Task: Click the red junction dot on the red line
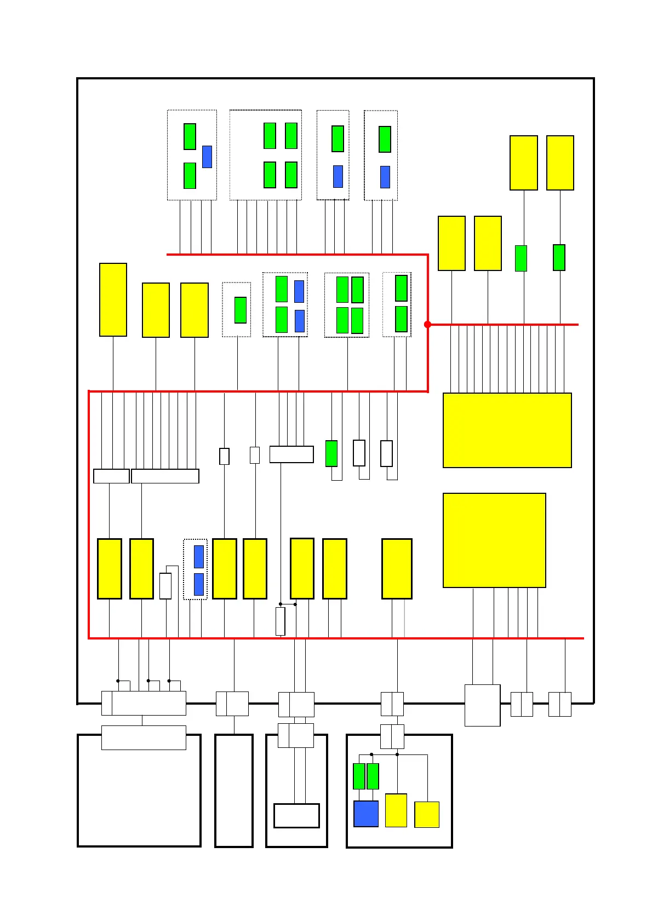click(427, 325)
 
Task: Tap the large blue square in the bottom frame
click(366, 814)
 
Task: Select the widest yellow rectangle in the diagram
click(507, 430)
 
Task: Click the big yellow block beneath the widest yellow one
click(494, 540)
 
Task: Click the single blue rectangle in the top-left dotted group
click(207, 157)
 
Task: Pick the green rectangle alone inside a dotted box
click(241, 310)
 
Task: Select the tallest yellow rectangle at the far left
click(113, 299)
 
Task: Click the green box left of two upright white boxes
click(331, 453)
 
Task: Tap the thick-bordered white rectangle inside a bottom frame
click(296, 816)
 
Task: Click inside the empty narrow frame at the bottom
click(234, 791)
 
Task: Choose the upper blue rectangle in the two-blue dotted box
click(199, 557)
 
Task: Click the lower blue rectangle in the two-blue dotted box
click(199, 584)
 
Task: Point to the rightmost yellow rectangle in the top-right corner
click(560, 163)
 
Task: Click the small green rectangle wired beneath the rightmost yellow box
click(559, 257)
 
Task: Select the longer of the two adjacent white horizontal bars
click(165, 476)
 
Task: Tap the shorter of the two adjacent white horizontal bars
click(111, 476)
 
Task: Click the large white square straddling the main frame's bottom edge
click(482, 705)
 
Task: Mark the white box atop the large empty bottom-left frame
click(144, 737)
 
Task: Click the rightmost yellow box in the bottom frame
click(427, 815)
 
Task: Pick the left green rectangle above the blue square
click(359, 776)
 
